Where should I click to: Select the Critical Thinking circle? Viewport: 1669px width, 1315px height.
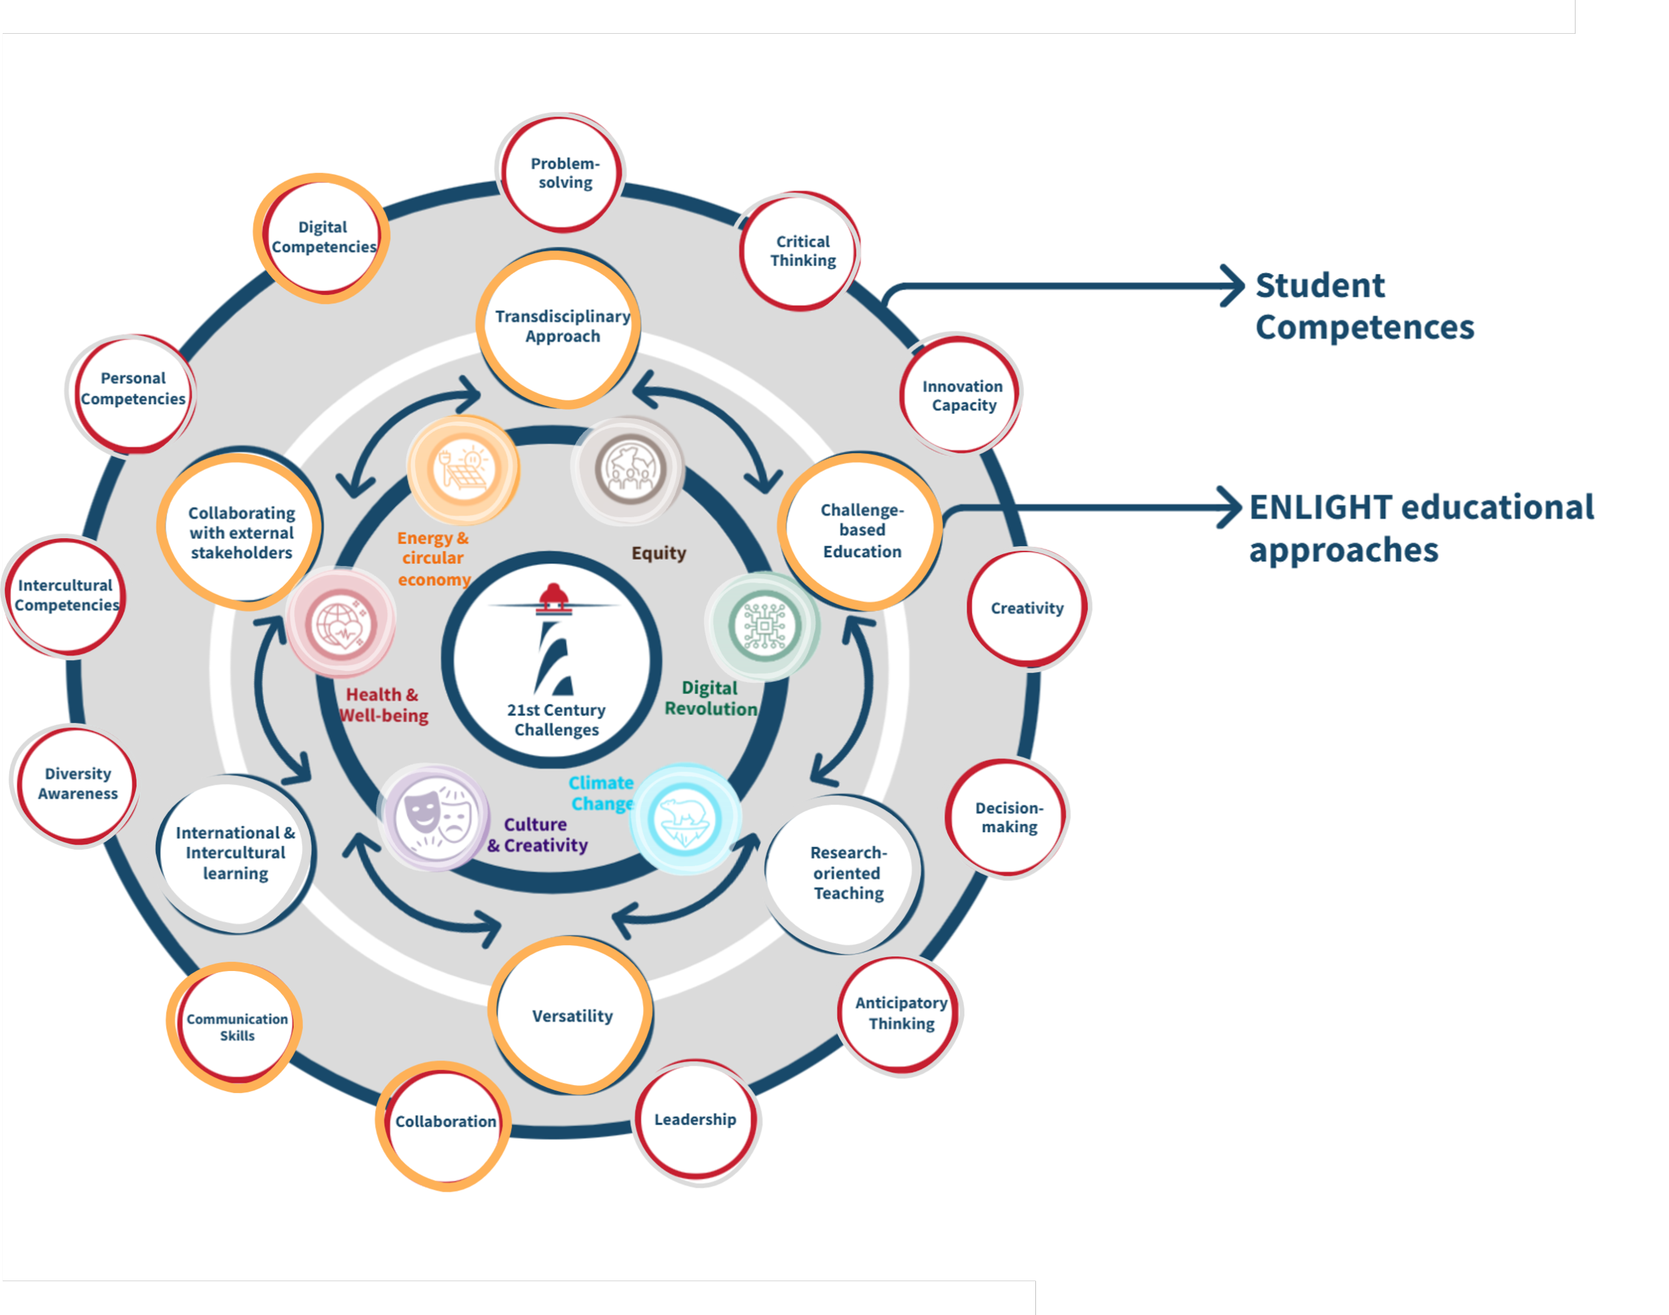801,251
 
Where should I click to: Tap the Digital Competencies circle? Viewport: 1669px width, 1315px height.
323,237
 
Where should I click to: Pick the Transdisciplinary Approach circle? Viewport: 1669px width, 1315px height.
561,327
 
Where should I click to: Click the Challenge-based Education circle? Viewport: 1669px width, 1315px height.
860,530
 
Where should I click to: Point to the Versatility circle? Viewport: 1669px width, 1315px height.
572,1015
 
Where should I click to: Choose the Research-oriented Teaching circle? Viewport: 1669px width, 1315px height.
847,873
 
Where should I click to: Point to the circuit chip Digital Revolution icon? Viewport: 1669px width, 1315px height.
764,626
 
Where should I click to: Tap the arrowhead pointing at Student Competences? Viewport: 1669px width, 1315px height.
1235,286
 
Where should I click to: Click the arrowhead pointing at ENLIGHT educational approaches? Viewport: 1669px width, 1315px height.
1232,507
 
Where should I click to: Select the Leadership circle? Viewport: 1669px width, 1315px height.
695,1120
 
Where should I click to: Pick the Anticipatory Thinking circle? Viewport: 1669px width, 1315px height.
900,1013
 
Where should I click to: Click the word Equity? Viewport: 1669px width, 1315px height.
658,553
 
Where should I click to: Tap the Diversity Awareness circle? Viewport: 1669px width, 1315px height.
78,784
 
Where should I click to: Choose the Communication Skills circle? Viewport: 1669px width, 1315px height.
237,1027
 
